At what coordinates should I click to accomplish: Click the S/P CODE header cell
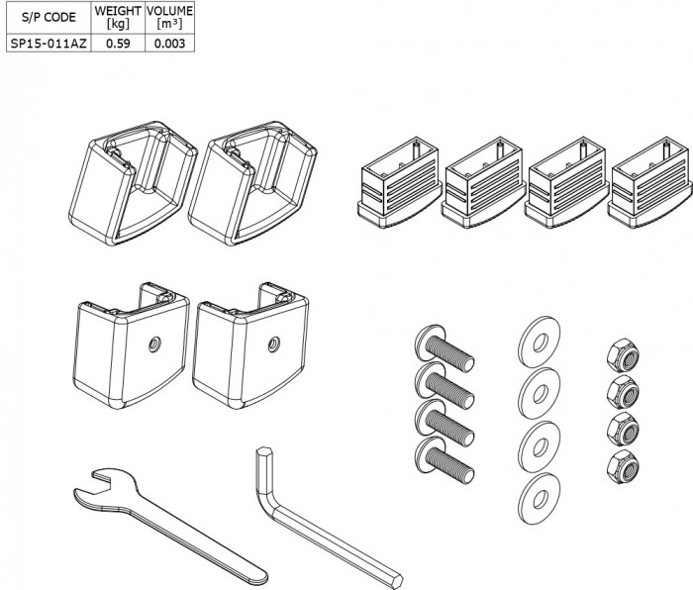click(47, 18)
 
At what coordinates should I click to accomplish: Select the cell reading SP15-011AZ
click(47, 43)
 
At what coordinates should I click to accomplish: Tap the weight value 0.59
click(118, 43)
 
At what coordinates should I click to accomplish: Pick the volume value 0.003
click(169, 43)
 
